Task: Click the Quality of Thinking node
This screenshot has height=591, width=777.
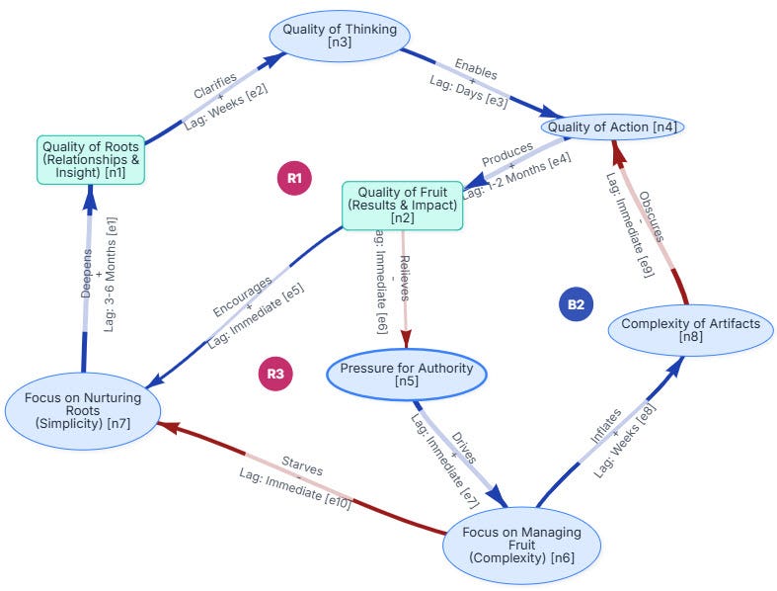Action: (340, 37)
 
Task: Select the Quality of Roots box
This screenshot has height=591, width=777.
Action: (90, 160)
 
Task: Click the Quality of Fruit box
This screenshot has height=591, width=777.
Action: (402, 206)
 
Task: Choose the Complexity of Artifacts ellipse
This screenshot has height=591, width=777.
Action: (691, 330)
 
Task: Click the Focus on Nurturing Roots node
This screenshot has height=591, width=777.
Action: (82, 410)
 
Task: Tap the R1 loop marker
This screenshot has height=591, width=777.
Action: (294, 178)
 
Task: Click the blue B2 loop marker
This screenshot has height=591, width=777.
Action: (575, 304)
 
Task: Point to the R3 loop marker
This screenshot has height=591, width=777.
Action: (275, 374)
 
